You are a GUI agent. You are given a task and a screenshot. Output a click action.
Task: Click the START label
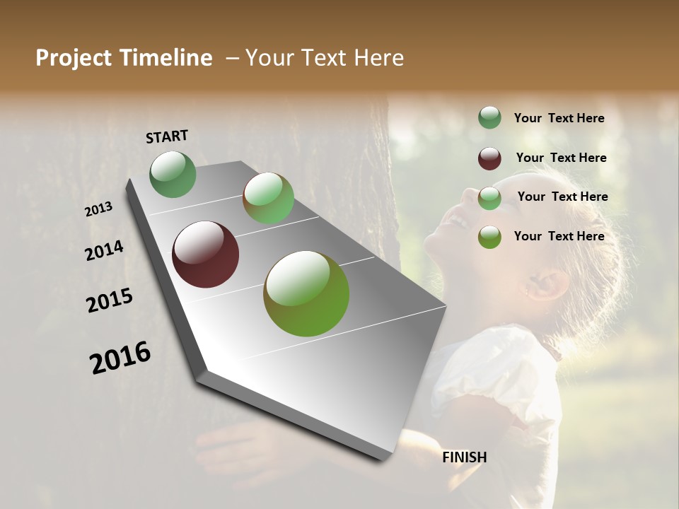[167, 136]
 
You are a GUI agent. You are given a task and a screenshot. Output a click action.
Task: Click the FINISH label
[465, 457]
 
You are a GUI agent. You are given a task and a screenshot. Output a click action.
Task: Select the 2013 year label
[99, 209]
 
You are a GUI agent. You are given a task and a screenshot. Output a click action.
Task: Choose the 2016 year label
[120, 358]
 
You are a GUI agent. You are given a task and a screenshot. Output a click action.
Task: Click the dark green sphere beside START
[173, 174]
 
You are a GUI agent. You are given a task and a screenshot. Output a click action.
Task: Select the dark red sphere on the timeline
[205, 255]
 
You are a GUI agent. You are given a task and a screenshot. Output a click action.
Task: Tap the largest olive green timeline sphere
[306, 293]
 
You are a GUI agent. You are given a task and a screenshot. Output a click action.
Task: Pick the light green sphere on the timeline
[269, 198]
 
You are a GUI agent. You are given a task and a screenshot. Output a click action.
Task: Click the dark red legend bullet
[489, 158]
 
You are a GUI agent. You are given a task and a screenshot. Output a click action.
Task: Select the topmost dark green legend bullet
[489, 118]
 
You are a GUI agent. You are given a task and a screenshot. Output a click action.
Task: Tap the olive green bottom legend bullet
[489, 237]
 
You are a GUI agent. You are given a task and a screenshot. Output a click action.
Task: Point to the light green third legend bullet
[489, 198]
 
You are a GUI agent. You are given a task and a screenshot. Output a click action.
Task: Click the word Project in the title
[74, 58]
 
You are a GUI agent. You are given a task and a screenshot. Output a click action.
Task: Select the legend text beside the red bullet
[561, 158]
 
